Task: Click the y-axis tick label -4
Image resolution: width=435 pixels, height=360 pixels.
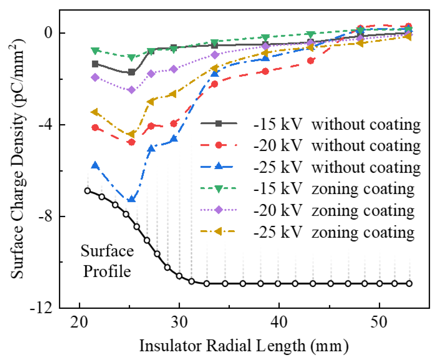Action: pos(45,125)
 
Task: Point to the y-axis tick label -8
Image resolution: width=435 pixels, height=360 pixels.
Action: pos(45,217)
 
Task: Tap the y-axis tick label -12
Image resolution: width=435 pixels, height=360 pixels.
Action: pos(41,308)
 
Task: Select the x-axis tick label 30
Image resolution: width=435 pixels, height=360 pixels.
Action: pos(179,322)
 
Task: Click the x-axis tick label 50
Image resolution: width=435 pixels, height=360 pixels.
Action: pos(379,322)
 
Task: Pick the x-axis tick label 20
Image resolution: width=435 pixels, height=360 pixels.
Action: pos(79,322)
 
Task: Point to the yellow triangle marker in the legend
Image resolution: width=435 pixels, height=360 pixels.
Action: pos(218,231)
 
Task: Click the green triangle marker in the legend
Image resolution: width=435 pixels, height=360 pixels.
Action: pos(219,189)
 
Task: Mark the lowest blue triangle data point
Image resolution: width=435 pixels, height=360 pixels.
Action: pos(132,198)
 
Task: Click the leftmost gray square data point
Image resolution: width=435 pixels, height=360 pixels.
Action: pos(95,64)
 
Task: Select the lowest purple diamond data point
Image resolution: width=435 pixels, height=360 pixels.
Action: pos(132,90)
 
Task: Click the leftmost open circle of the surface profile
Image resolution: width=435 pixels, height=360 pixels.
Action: pos(88,191)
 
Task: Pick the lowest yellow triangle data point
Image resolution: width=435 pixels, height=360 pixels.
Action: pos(131,134)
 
